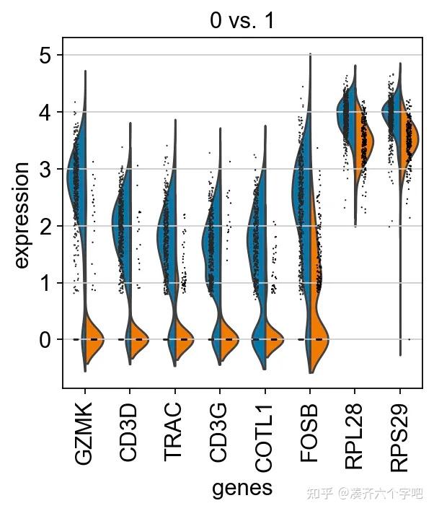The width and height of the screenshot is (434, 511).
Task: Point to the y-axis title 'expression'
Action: pos(22,215)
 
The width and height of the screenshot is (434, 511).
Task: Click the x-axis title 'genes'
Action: pos(242,488)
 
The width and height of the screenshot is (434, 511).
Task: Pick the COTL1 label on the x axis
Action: pos(265,430)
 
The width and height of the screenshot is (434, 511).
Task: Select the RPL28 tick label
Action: pos(355,432)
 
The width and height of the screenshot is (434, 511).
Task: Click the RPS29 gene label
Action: pos(400,432)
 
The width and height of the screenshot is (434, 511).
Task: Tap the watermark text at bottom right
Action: pos(365,494)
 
